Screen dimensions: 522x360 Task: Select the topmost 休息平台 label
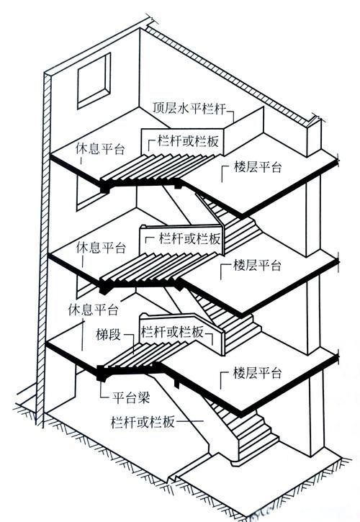[x=100, y=150]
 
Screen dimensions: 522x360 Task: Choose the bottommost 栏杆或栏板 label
[x=143, y=420]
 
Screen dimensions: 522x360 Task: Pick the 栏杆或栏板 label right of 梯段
[x=172, y=333]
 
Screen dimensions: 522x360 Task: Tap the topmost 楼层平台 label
[x=258, y=167]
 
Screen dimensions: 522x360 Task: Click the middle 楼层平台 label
[x=258, y=265]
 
